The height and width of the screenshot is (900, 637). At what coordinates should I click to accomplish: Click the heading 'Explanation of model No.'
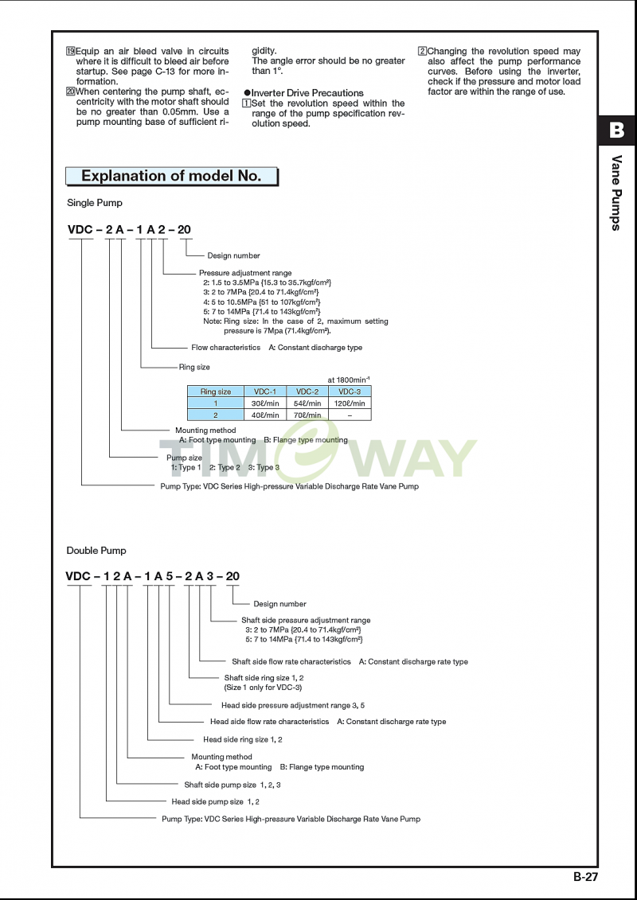tap(171, 176)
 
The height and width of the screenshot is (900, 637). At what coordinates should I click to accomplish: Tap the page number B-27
tap(587, 876)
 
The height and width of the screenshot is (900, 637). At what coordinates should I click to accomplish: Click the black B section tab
tap(617, 131)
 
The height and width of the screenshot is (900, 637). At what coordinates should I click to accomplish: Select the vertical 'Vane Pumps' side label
tap(617, 193)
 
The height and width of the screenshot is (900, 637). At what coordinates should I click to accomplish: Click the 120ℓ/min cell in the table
tap(350, 403)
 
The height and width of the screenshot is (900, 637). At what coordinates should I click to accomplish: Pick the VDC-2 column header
tap(307, 392)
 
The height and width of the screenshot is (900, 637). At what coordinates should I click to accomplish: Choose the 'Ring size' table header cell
tap(216, 392)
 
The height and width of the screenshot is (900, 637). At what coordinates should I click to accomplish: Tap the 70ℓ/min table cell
tap(307, 415)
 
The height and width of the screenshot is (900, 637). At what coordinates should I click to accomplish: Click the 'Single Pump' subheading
tap(95, 203)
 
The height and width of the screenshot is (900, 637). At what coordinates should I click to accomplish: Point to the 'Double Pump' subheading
tap(96, 551)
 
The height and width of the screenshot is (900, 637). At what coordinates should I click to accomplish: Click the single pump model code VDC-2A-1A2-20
tap(129, 230)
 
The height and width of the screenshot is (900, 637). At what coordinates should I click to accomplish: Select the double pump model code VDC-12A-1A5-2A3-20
tap(152, 575)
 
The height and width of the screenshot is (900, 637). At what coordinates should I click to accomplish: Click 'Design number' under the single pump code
tap(234, 255)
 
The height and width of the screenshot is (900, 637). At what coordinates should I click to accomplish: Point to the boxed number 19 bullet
tap(71, 51)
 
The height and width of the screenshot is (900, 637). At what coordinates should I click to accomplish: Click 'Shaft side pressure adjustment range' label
tap(306, 620)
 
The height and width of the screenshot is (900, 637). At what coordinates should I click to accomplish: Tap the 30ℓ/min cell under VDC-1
tap(265, 403)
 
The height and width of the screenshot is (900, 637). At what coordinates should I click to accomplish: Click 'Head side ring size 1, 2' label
tap(242, 739)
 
